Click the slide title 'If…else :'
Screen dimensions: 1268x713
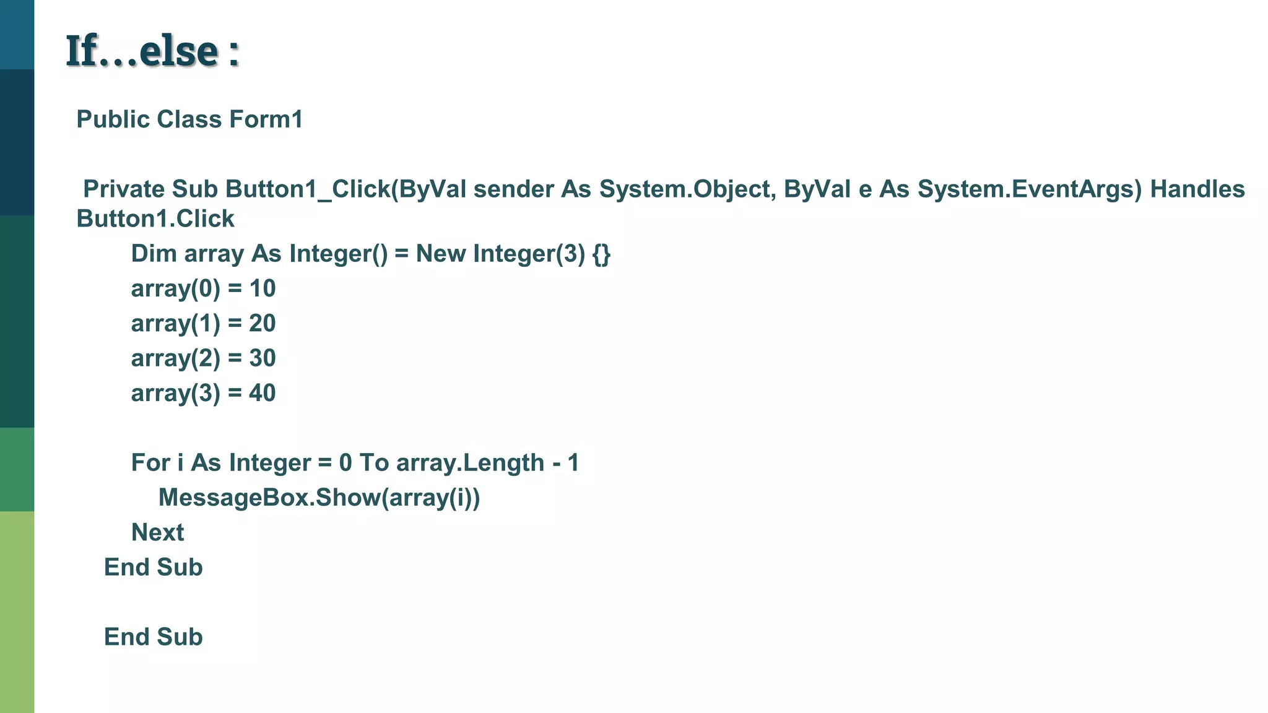[x=152, y=51]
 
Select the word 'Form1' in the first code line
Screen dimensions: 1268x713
[x=266, y=119]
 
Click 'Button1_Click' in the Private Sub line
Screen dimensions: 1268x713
[x=308, y=189]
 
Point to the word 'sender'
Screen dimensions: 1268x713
[x=513, y=189]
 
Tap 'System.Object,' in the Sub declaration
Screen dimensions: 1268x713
[x=687, y=189]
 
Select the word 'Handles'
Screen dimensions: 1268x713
[x=1197, y=189]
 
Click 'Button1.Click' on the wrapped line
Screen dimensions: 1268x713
[x=155, y=219]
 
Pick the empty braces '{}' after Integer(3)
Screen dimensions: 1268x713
[x=601, y=254]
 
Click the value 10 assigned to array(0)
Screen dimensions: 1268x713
[x=263, y=288]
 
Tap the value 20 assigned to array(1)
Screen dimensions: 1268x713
[x=263, y=323]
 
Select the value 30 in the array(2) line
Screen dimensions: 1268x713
[x=263, y=358]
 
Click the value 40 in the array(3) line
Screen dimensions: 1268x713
[x=263, y=393]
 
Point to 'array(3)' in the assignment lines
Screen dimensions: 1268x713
[x=175, y=393]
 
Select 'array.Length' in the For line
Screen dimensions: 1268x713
[x=470, y=463]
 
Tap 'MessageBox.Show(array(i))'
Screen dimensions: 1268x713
[x=319, y=498]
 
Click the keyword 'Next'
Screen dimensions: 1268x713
[x=157, y=532]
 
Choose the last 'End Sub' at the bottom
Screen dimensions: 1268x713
[x=153, y=637]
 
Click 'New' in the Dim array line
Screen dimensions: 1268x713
[x=440, y=254]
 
